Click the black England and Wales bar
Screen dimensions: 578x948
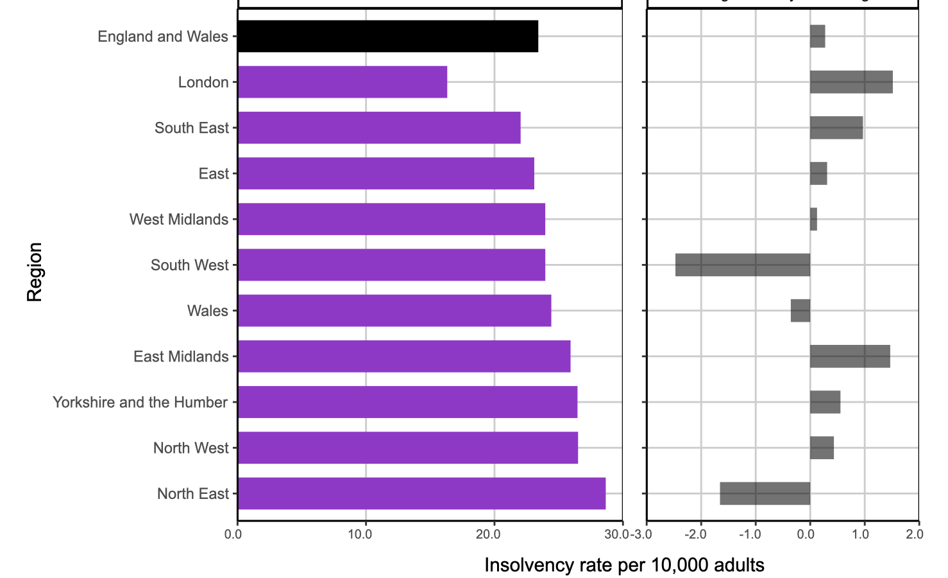point(387,36)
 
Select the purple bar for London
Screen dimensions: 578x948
point(342,82)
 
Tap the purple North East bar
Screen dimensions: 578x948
point(421,493)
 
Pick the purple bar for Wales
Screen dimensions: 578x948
point(394,311)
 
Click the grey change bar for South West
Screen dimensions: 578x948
point(743,265)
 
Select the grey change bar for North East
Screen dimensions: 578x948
point(765,493)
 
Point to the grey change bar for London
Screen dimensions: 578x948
point(851,82)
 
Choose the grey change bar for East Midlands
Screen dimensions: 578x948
point(850,356)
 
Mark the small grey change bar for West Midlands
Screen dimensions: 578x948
point(813,220)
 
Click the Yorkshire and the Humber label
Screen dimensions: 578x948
point(140,403)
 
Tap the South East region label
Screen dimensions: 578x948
point(191,128)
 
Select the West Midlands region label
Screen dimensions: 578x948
point(178,220)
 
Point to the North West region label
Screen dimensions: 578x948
point(190,448)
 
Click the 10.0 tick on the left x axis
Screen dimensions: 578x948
point(360,534)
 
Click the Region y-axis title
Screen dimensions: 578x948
point(35,272)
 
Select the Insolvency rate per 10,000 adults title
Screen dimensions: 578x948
point(624,565)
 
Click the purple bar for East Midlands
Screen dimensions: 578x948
point(403,356)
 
